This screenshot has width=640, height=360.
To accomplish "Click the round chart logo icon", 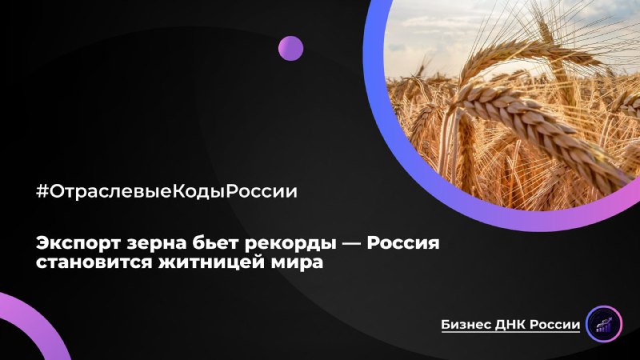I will pos(605,323).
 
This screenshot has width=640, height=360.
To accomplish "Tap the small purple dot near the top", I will pos(290,48).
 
